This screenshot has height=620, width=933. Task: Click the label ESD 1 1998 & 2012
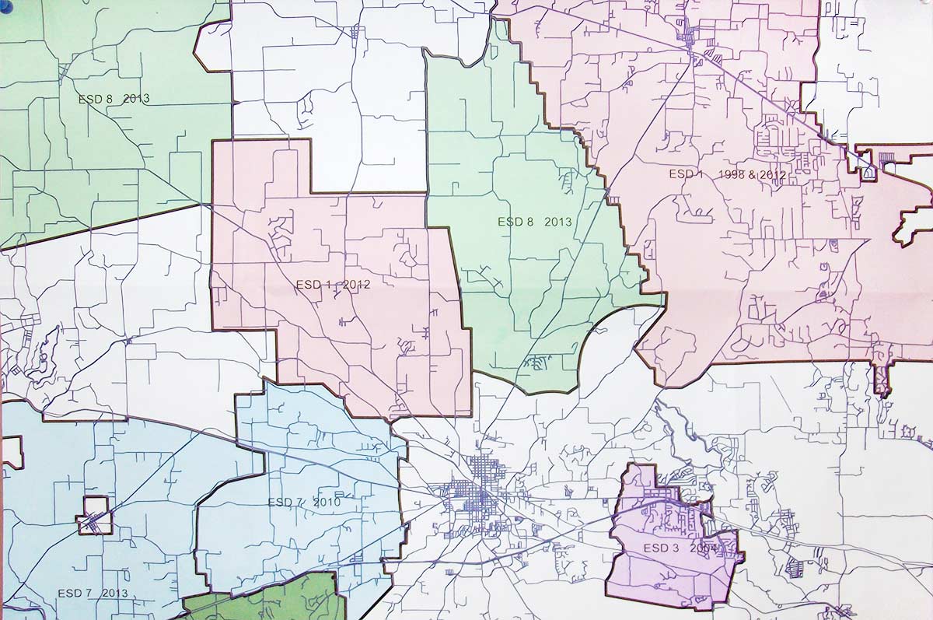pyautogui.click(x=727, y=175)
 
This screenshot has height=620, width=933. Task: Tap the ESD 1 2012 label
pyautogui.click(x=333, y=285)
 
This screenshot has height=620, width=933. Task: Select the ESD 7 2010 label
pyautogui.click(x=304, y=503)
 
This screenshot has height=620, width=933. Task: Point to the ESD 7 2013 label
pyautogui.click(x=93, y=594)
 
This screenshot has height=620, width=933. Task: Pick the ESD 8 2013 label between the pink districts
pyautogui.click(x=534, y=222)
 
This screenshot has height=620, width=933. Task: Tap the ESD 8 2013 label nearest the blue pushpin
pyautogui.click(x=114, y=99)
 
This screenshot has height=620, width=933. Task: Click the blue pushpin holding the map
pyautogui.click(x=3, y=5)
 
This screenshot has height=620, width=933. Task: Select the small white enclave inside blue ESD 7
pyautogui.click(x=95, y=516)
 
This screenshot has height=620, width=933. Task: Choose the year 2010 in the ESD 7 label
pyautogui.click(x=327, y=503)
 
